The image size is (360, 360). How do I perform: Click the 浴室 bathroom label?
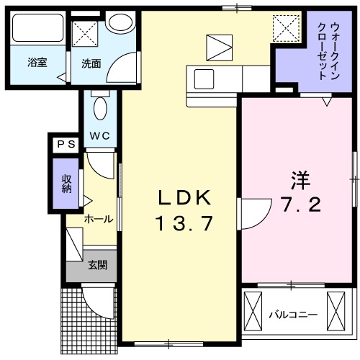[x=37, y=63]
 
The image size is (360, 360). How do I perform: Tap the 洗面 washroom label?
[x=91, y=63]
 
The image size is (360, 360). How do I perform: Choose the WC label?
[x=99, y=135]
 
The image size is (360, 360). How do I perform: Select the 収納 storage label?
[x=66, y=184]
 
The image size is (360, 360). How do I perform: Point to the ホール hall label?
[x=98, y=219]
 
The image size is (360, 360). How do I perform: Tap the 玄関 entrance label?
[x=98, y=266]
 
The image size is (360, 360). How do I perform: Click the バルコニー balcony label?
[x=293, y=314]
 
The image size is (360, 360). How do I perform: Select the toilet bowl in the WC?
[x=99, y=108]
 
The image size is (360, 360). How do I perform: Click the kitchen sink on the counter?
[x=201, y=77]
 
